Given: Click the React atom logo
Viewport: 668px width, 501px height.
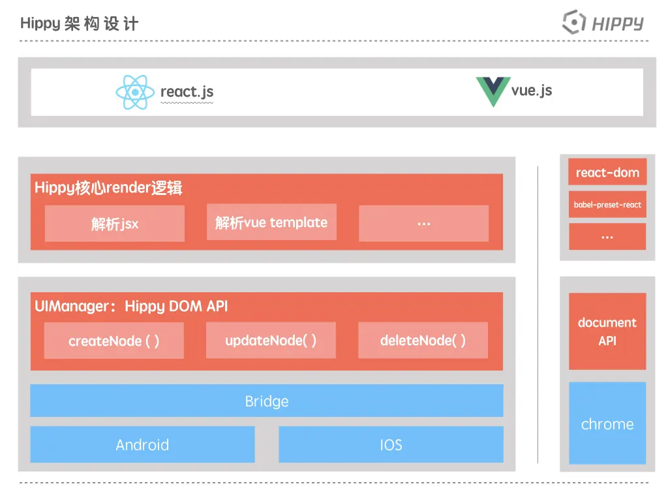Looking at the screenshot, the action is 135,92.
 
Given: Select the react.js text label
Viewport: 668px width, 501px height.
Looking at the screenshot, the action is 187,92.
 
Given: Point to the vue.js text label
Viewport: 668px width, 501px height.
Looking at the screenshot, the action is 531,91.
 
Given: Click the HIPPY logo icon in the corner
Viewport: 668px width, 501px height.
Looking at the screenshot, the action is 573,22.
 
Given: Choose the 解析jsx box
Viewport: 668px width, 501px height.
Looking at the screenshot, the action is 115,224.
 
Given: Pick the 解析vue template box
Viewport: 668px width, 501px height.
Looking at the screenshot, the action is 271,222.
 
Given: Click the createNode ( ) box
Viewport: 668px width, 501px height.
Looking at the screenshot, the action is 114,341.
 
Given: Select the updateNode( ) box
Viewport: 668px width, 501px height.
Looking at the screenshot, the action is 271,340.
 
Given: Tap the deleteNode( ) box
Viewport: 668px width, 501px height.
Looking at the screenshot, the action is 423,340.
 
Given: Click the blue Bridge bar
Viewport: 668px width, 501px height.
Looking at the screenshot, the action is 267,401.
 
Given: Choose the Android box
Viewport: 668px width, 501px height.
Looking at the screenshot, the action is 142,444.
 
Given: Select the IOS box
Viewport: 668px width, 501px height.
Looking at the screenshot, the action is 391,444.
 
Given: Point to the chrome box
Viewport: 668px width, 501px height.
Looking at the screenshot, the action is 607,423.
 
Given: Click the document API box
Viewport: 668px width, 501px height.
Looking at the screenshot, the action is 607,331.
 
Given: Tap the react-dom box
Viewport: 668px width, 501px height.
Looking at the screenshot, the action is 607,172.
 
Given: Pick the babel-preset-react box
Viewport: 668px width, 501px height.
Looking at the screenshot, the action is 607,204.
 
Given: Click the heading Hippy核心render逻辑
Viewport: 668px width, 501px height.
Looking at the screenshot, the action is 108,187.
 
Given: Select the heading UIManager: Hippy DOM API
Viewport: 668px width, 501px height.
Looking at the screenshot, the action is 131,307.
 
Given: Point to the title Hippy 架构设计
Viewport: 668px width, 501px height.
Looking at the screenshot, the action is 79,23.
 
